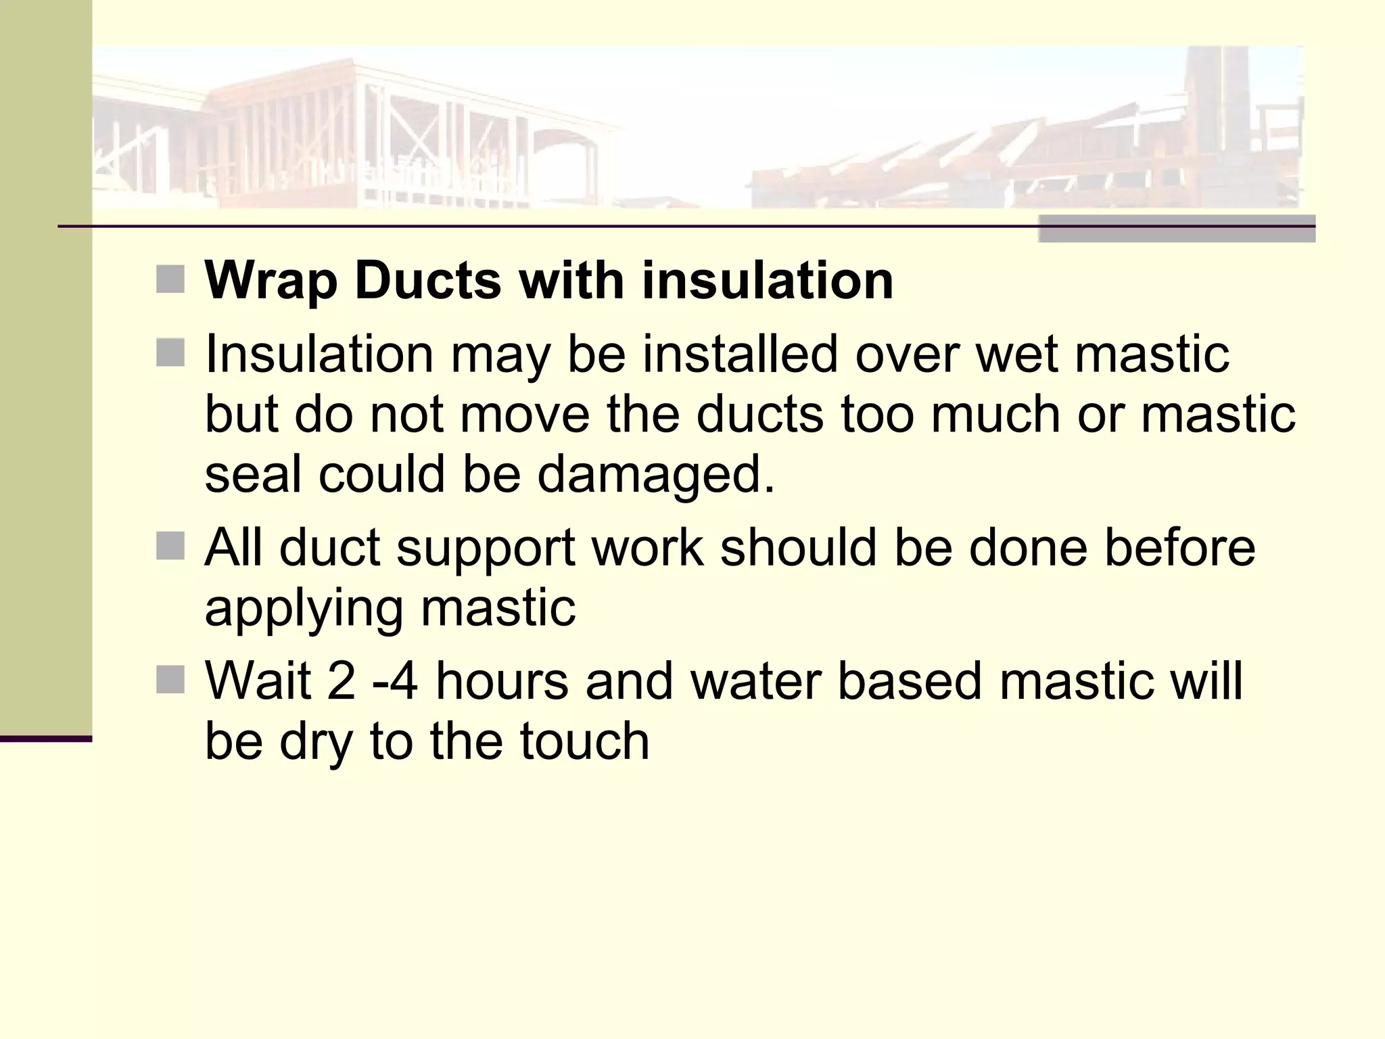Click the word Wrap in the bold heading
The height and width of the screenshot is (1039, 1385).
271,281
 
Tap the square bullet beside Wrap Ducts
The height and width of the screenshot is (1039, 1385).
170,279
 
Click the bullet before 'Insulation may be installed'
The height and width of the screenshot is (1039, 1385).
170,353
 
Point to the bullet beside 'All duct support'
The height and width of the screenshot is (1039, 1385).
170,547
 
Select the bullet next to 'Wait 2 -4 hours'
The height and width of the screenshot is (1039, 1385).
170,680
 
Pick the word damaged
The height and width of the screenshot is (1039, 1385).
656,475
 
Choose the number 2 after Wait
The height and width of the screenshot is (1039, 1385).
342,680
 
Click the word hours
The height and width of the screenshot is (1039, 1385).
502,680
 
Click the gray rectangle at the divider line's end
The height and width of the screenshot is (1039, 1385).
1177,229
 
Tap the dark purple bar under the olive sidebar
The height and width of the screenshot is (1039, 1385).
46,739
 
